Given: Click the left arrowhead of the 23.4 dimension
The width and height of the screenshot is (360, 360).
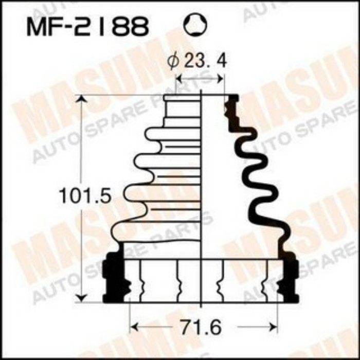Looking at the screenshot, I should tap(179, 78).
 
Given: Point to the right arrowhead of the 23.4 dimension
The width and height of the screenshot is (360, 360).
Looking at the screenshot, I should tap(221, 78).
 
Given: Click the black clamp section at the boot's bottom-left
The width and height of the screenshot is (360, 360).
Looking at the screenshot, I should tap(113, 275).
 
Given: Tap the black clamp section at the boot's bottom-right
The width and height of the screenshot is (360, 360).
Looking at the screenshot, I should tap(290, 275).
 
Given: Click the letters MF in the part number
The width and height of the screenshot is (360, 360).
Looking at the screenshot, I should tap(41, 27).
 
